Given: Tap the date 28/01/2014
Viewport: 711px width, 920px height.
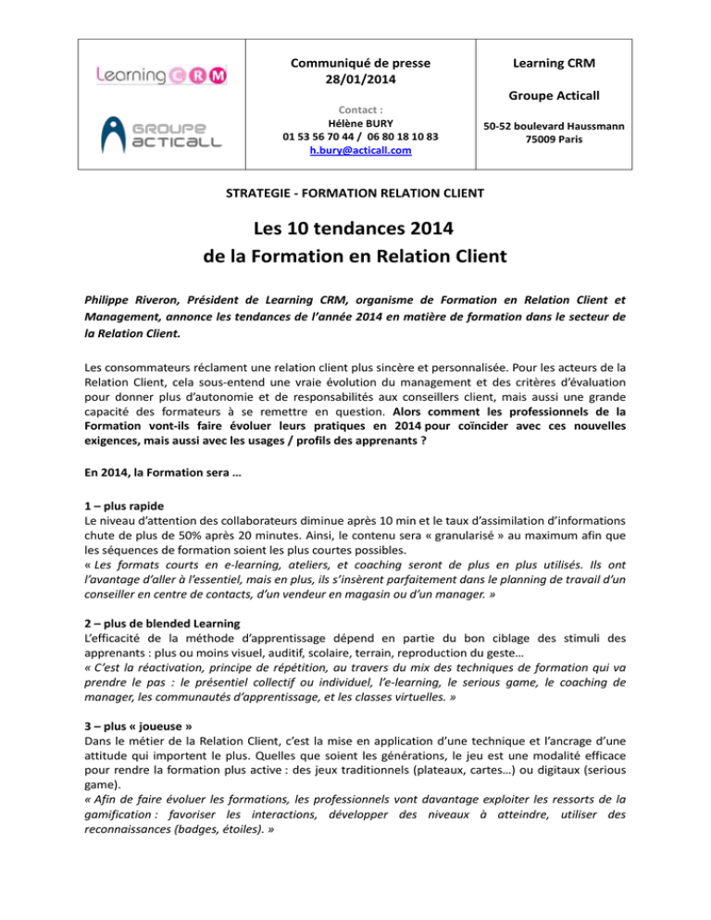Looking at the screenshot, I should [x=360, y=81].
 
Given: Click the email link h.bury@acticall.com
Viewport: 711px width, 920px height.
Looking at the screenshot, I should [x=360, y=151].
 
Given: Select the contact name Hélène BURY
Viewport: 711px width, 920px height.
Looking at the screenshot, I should [x=360, y=121].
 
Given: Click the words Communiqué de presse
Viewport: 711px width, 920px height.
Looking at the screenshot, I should [x=360, y=64].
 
